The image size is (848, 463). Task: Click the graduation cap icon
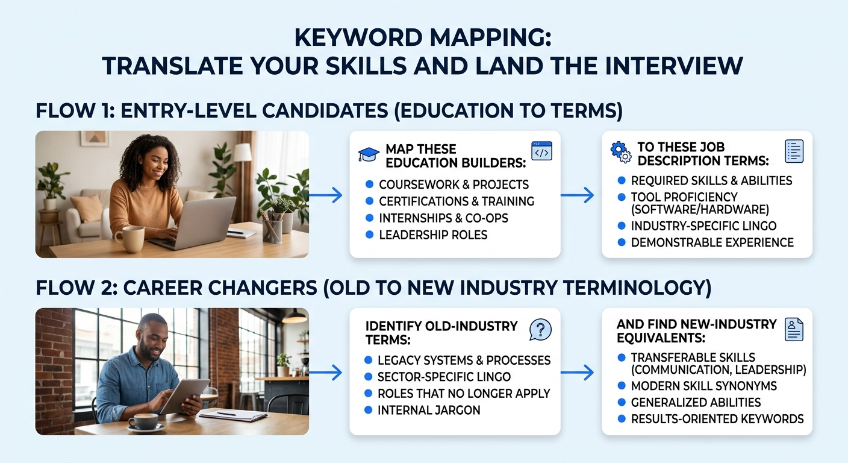(x=369, y=154)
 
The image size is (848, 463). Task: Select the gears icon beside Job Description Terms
(x=620, y=152)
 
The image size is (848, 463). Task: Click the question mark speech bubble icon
(x=540, y=330)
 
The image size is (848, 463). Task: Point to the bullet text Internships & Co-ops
(x=443, y=218)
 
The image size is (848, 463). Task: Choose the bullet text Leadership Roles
(x=433, y=235)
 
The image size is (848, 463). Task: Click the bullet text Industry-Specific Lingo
(x=703, y=226)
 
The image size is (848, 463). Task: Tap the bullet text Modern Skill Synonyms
(x=703, y=386)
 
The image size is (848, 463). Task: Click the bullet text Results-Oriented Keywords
(x=717, y=418)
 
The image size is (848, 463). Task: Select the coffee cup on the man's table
(x=145, y=422)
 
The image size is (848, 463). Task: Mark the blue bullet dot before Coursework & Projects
(x=369, y=184)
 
